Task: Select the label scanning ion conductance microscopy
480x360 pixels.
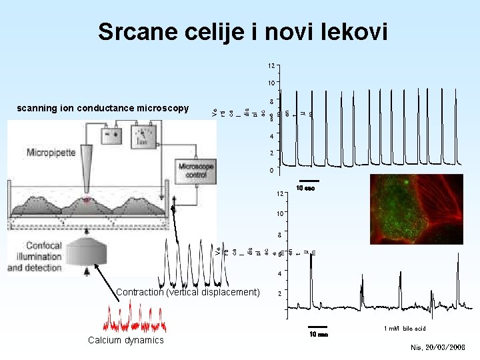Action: (x=103, y=108)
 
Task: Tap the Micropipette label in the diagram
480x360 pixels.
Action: (x=51, y=153)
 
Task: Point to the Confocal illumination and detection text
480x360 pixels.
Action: (x=35, y=257)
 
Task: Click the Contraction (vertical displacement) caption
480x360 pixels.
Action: (x=187, y=292)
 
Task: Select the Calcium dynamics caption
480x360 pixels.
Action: (x=125, y=340)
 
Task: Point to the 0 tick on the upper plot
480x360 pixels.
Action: (x=272, y=171)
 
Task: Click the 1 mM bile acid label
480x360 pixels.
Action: (x=405, y=329)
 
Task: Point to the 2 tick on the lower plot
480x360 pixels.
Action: (x=280, y=294)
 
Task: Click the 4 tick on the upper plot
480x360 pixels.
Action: (x=272, y=136)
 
